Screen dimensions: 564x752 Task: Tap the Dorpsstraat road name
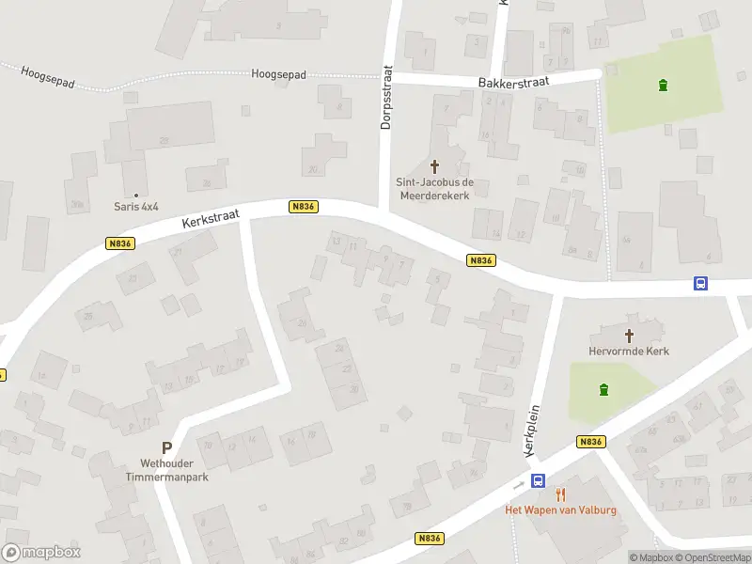(385, 98)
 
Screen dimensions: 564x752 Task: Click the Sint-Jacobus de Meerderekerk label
(432, 188)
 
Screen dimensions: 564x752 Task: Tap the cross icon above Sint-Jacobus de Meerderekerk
(434, 165)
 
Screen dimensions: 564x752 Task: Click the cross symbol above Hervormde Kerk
(630, 335)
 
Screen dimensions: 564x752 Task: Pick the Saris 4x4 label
(137, 207)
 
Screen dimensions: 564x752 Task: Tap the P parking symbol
(166, 449)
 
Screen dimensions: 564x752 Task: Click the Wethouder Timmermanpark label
(165, 471)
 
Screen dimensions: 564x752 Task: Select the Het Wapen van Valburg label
(561, 509)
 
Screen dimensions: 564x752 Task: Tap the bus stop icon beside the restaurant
(538, 481)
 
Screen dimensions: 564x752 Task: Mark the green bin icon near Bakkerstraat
(664, 86)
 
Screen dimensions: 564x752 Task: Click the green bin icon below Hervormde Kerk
(603, 390)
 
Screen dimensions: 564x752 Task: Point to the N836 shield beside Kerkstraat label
(302, 207)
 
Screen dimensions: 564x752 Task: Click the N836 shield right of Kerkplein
(590, 442)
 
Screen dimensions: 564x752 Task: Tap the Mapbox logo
(41, 553)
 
